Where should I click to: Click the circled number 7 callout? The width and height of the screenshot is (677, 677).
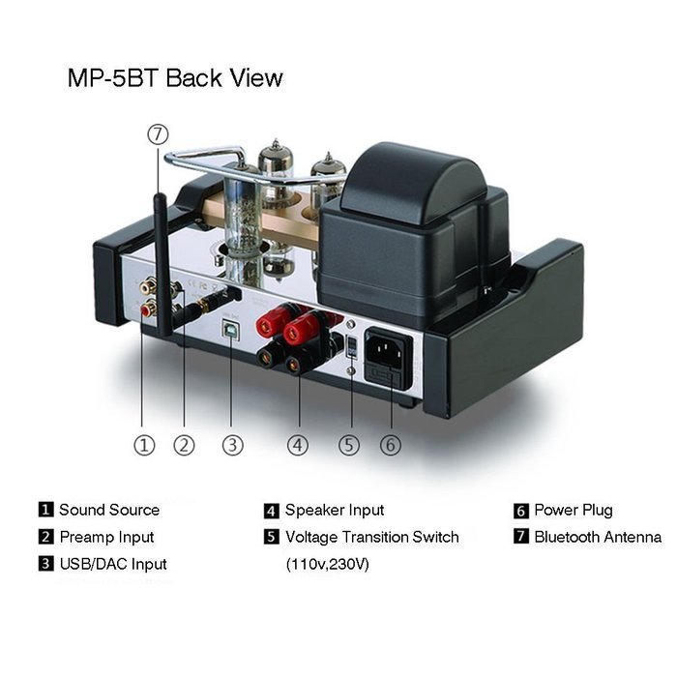pos(158,134)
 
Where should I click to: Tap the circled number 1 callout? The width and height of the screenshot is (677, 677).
pos(144,445)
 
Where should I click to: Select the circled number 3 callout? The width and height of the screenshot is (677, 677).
pos(233,445)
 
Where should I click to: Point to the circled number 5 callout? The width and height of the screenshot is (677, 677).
pos(349,445)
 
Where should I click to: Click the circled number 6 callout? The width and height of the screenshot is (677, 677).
pos(391,445)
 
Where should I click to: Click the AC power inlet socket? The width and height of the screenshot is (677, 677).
pos(388,356)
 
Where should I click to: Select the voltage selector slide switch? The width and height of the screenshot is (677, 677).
pos(352,346)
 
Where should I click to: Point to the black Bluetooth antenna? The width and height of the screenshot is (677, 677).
pos(162,264)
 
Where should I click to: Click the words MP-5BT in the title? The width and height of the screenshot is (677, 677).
pos(114,78)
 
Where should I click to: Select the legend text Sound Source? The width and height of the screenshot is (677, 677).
pos(109,510)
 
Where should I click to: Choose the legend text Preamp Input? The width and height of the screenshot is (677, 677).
pos(106,537)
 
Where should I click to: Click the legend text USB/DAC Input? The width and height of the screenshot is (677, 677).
pos(113,564)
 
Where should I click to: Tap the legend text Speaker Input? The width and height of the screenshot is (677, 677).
pos(335,511)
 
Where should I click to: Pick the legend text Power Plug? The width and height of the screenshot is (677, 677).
pos(574,511)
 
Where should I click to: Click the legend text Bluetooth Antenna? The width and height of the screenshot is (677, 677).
pos(598,537)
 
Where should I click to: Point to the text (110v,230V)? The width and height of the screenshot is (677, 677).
pos(327,564)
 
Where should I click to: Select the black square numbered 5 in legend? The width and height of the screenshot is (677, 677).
pos(272,537)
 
